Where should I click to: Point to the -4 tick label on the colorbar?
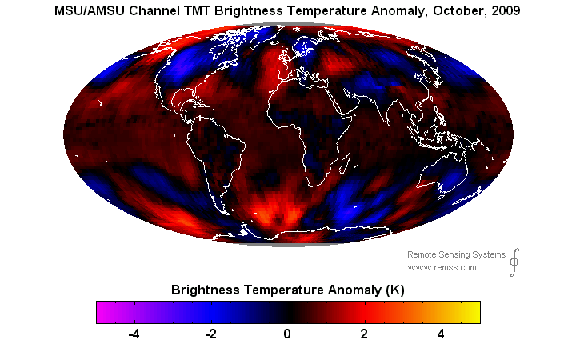click(x=134, y=334)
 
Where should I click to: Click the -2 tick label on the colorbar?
click(x=210, y=334)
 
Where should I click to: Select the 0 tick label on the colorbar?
click(x=288, y=334)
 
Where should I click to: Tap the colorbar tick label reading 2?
click(x=364, y=334)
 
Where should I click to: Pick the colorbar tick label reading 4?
click(x=441, y=334)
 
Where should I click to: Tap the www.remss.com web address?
click(x=442, y=267)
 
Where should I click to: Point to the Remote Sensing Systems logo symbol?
click(x=514, y=260)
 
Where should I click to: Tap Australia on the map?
click(x=448, y=172)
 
